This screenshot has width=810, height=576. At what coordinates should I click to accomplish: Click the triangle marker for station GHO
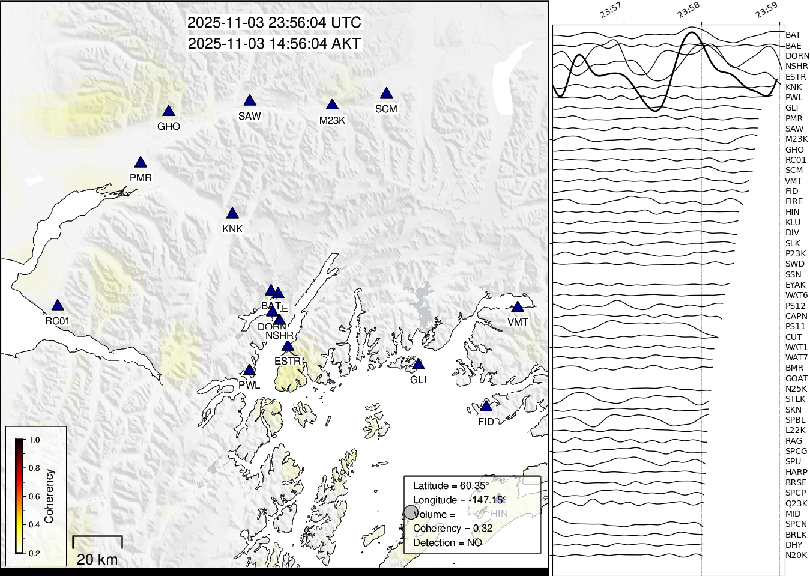[x=169, y=111]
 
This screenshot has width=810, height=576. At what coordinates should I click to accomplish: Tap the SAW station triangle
[x=250, y=101]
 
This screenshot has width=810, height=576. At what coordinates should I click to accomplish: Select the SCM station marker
[x=386, y=94]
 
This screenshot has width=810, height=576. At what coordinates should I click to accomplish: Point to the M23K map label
[x=332, y=120]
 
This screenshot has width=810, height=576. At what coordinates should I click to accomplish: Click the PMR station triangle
[x=141, y=163]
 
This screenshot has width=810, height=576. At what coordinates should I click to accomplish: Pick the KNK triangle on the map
[x=232, y=214]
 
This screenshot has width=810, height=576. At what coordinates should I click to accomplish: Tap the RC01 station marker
[x=57, y=306]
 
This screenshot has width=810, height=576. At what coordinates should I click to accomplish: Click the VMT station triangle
[x=518, y=307]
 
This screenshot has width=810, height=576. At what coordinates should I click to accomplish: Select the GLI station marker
[x=419, y=365]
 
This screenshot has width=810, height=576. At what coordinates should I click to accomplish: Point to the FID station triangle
[x=486, y=407]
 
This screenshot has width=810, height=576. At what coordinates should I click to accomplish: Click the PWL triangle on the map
[x=249, y=370]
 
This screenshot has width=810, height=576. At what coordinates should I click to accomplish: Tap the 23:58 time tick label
[x=689, y=10]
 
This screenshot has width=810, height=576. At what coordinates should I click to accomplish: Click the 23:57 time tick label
[x=610, y=10]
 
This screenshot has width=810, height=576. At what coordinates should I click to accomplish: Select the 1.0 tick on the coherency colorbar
[x=34, y=440]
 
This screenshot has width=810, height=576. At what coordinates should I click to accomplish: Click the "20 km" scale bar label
[x=97, y=560]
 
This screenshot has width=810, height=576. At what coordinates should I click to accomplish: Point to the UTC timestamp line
[x=274, y=23]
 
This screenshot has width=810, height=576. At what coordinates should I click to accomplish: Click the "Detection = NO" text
[x=447, y=542]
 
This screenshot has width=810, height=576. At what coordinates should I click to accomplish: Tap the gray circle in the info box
[x=411, y=512]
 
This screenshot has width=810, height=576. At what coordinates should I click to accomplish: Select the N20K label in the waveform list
[x=796, y=556]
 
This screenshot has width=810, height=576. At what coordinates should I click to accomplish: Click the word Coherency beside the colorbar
[x=49, y=496]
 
